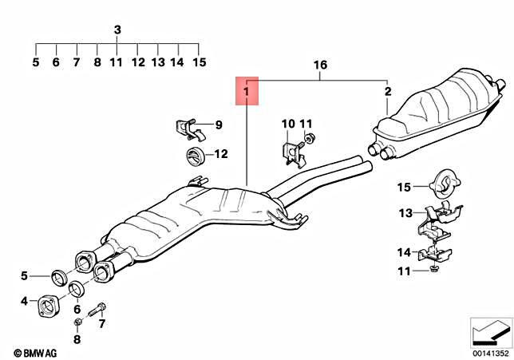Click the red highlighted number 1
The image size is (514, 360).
click(247, 93)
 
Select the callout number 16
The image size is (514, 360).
click(320, 63)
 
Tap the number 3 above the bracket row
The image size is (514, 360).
click(117, 30)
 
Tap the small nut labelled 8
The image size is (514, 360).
click(77, 322)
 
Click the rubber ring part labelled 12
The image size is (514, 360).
click(193, 156)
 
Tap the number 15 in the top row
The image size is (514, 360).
click(199, 61)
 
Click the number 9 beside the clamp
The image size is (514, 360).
click(217, 125)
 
